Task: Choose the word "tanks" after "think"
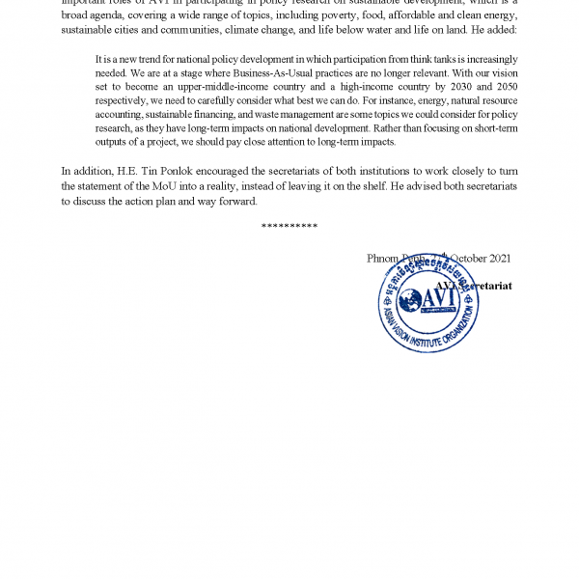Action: click(417, 59)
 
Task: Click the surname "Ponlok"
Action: click(176, 172)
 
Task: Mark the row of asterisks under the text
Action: click(289, 226)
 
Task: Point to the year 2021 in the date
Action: click(500, 259)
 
